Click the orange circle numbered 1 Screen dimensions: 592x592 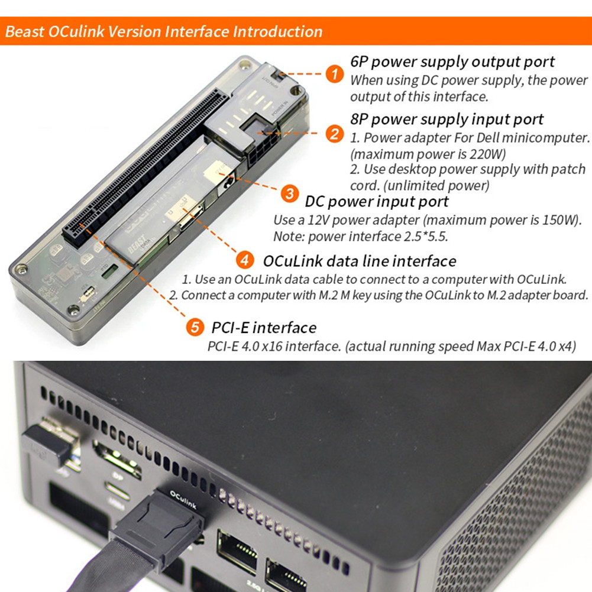coord(335,75)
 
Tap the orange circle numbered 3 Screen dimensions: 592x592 coord(289,193)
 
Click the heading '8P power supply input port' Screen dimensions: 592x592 coord(447,119)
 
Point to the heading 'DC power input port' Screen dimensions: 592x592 coord(377,202)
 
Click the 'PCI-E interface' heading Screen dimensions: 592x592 coord(264,328)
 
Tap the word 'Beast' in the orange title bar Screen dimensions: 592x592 coord(24,31)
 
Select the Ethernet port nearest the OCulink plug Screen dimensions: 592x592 coord(237,549)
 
